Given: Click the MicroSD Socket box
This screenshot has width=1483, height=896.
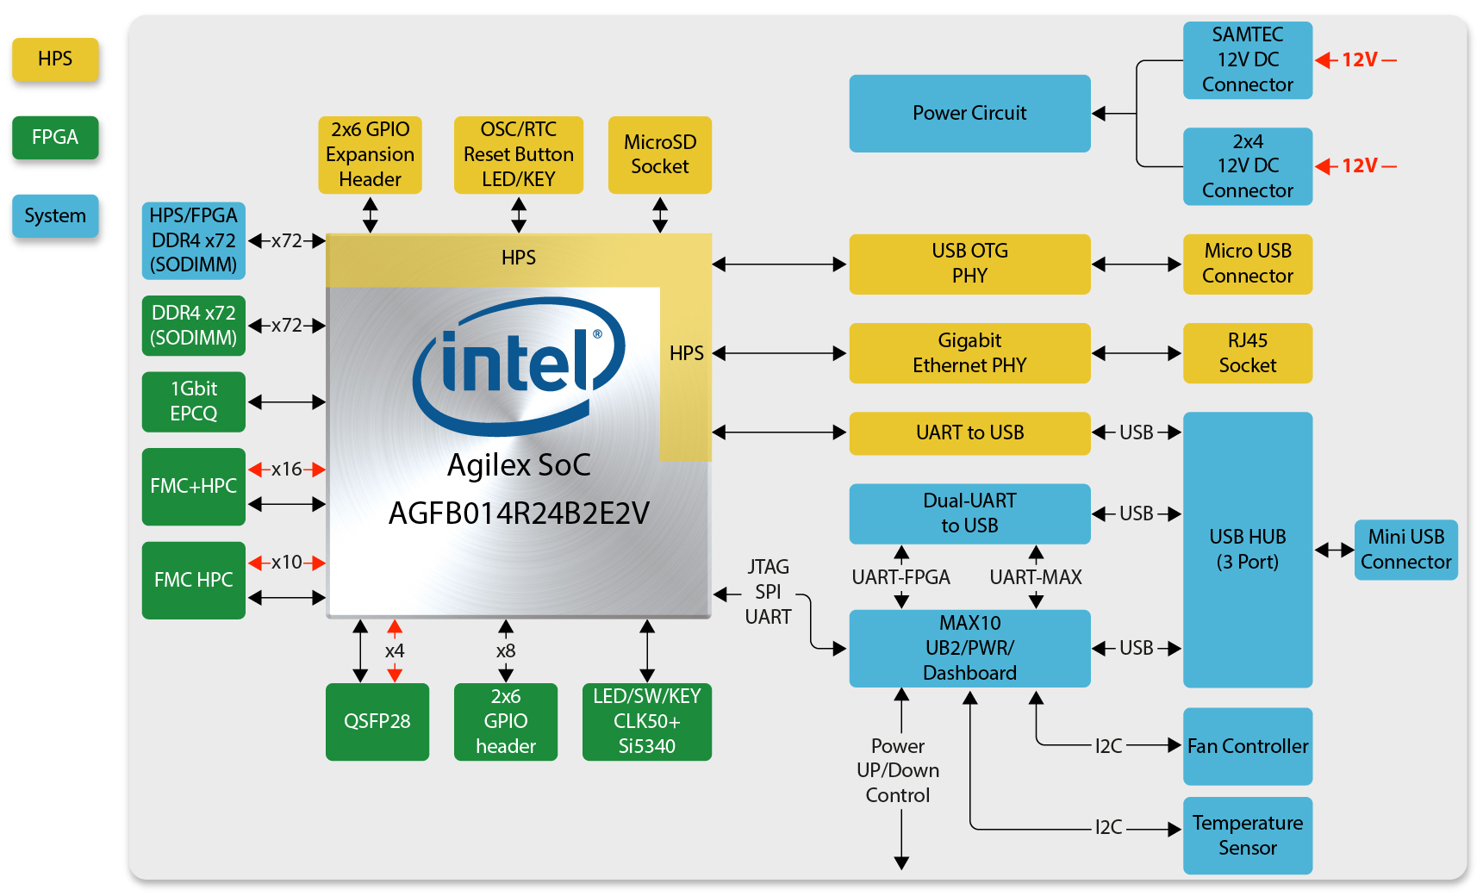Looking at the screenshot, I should [659, 155].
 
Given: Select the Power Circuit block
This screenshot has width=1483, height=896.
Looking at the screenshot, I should [969, 114].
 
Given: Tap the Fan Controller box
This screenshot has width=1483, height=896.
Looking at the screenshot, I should [1247, 746].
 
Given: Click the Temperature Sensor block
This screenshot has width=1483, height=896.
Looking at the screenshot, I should [1247, 835].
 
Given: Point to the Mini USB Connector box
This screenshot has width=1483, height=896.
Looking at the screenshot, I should [1405, 550].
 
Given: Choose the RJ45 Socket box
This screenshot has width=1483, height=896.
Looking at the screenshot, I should [1247, 353].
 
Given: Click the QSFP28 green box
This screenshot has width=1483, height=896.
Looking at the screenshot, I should [377, 722].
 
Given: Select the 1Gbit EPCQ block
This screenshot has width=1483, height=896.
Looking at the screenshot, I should [193, 401].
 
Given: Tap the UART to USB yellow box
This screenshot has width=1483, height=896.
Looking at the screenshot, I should [969, 432].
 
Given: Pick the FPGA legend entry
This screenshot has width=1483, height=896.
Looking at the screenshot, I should [55, 138].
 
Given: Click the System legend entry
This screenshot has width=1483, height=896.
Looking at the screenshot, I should [55, 215].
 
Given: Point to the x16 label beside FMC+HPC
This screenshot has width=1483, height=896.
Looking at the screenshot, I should [287, 470].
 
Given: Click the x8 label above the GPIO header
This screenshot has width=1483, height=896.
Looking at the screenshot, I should [506, 651].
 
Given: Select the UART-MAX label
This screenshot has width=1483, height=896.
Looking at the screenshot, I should [1036, 577].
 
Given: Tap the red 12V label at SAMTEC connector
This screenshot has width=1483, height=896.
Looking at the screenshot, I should [1359, 60].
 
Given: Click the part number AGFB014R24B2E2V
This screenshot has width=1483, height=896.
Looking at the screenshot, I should [519, 513].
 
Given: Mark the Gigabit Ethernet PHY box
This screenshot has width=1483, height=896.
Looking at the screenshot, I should [969, 353].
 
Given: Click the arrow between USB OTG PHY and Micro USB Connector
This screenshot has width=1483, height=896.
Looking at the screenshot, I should [1137, 264].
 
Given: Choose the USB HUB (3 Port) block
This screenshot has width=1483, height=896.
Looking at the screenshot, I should [1247, 550].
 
